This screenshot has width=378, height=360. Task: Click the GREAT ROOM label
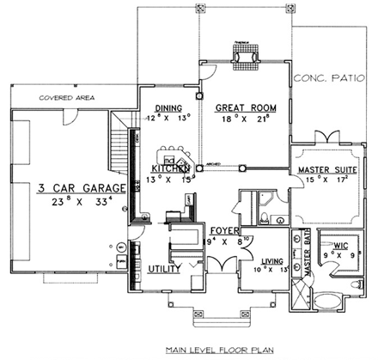click(x=238, y=107)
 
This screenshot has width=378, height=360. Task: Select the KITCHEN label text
click(x=170, y=168)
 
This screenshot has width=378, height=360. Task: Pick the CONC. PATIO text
click(x=331, y=78)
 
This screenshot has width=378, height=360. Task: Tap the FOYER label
click(x=223, y=230)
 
